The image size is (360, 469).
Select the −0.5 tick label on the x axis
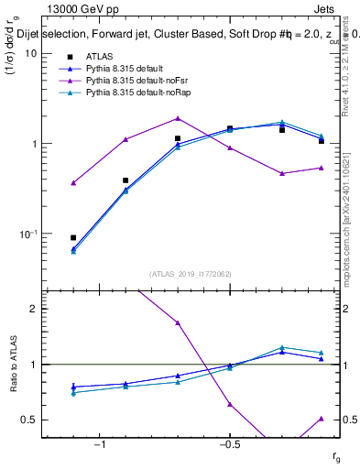click(x=229, y=444)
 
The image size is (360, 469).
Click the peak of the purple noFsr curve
click(x=178, y=118)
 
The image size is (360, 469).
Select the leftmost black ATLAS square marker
click(x=73, y=237)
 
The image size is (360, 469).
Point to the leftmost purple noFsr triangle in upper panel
click(x=73, y=183)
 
